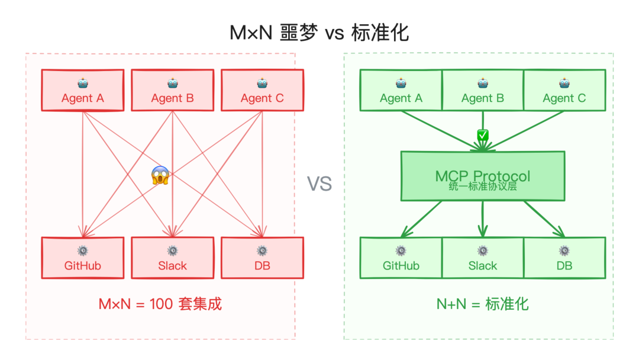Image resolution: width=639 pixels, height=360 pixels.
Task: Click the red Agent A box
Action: click(x=82, y=91)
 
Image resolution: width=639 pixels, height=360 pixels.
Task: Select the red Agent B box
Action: click(x=172, y=91)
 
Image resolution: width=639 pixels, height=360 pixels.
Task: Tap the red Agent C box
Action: click(x=262, y=91)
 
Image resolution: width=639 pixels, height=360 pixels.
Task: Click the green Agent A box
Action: click(x=401, y=91)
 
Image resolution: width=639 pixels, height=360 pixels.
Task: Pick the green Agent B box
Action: click(x=483, y=91)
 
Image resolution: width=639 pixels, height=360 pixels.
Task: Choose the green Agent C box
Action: click(x=564, y=91)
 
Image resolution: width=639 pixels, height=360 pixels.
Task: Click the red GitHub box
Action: click(x=82, y=258)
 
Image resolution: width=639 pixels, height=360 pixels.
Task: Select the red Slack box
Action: click(x=172, y=258)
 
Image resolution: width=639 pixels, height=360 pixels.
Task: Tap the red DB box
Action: click(x=262, y=258)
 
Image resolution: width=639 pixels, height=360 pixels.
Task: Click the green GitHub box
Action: click(x=401, y=258)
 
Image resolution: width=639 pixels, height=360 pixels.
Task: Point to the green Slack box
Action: click(x=483, y=258)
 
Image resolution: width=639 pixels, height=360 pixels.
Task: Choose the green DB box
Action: click(x=564, y=258)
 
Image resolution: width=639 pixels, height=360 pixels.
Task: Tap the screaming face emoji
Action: click(x=160, y=175)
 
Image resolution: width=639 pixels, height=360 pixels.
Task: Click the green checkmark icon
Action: click(x=483, y=136)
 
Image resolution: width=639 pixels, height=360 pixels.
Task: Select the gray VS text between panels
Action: click(x=319, y=184)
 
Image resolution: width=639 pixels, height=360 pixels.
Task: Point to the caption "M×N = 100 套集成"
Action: click(x=160, y=304)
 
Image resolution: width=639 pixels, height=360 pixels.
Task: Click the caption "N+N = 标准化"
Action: click(x=483, y=304)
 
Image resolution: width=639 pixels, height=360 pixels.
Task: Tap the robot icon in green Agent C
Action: click(x=564, y=83)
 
